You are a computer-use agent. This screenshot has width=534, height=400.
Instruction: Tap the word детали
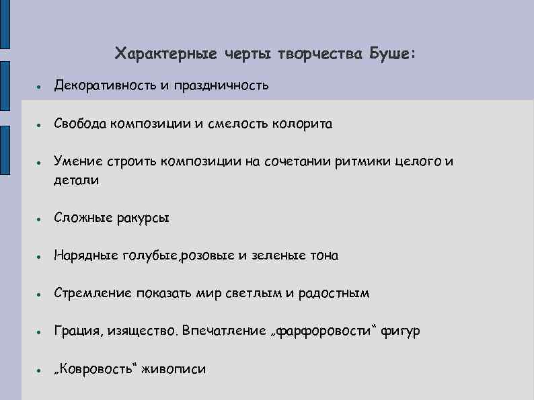(77, 180)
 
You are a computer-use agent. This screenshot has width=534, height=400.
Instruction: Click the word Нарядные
(85, 255)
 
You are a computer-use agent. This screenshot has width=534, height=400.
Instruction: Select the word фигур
(402, 331)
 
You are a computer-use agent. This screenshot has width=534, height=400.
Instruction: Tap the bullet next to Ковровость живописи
(41, 370)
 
